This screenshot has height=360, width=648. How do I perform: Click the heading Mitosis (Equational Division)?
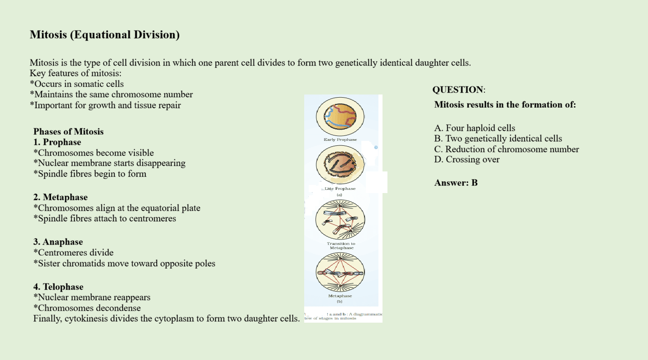(x=104, y=35)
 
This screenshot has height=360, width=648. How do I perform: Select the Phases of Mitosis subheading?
(x=68, y=131)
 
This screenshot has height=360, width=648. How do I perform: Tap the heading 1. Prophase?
(x=57, y=142)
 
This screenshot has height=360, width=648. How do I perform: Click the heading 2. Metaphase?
(x=60, y=197)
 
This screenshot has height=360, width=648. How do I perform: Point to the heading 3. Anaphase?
(x=58, y=242)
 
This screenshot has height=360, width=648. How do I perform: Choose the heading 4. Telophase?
(x=58, y=287)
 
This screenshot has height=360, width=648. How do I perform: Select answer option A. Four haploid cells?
(x=475, y=128)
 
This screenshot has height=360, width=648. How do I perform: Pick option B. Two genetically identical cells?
(x=498, y=139)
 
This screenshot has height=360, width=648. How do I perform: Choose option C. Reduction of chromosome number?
(x=507, y=149)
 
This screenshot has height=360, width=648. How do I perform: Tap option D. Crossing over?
(x=467, y=160)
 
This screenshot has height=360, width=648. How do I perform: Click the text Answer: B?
(x=456, y=183)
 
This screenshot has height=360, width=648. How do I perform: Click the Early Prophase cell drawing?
(x=341, y=115)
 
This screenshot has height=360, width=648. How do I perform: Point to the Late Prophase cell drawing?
(x=341, y=165)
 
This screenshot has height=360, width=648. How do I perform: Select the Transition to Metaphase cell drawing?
(x=340, y=220)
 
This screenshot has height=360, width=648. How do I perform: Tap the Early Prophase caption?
(x=340, y=139)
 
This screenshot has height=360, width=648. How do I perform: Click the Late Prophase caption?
(x=340, y=189)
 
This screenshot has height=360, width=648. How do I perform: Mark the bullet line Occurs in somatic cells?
(x=76, y=84)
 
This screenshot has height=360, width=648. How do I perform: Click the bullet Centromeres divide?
(x=73, y=252)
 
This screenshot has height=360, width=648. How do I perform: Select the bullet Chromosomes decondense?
(x=87, y=308)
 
